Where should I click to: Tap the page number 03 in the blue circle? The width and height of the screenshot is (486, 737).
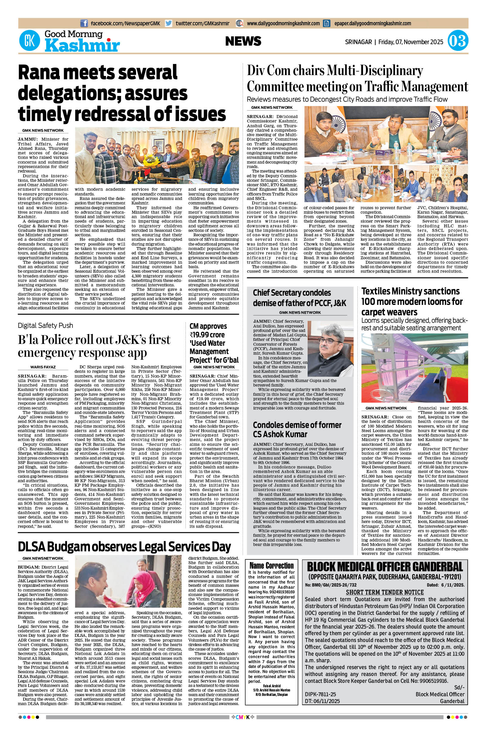point(458,41)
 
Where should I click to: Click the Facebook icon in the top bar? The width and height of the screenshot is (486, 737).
point(84,23)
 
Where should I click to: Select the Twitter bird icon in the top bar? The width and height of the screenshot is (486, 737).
point(168,23)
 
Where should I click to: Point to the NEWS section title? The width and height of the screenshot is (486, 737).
point(243,41)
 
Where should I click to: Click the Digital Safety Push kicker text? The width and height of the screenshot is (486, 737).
point(45,325)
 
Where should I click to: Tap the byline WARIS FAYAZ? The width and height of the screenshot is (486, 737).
point(43,367)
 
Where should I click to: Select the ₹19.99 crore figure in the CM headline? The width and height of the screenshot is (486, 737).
point(207,335)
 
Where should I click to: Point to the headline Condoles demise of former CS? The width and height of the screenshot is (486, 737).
point(297,429)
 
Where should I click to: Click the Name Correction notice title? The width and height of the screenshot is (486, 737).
point(271,565)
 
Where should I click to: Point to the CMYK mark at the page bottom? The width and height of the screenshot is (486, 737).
point(243,723)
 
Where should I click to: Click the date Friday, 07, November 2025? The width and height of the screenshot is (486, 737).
point(411,41)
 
